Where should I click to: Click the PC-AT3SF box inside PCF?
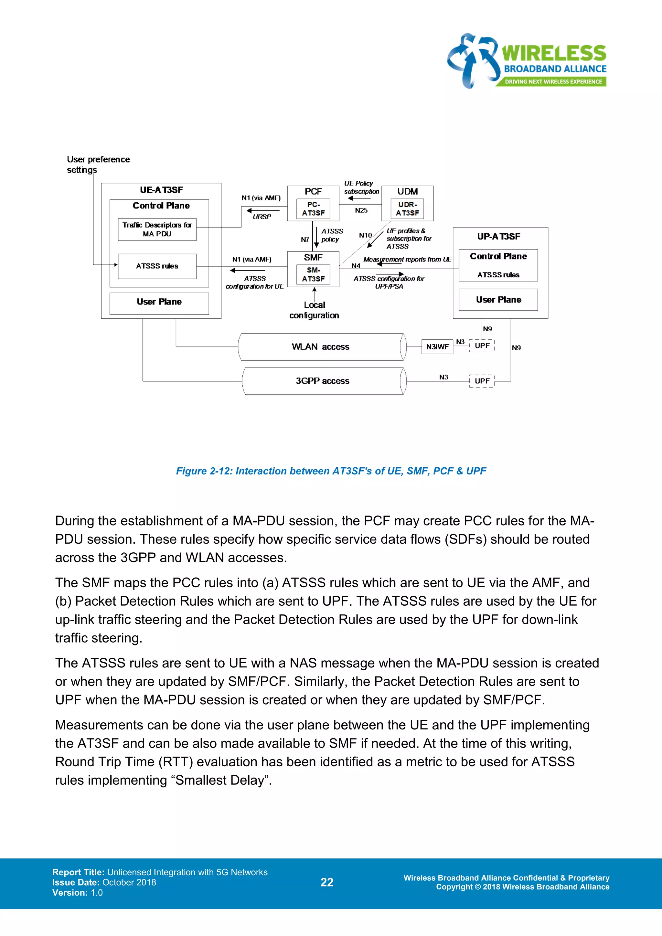313,209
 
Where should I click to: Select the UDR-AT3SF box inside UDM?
407,209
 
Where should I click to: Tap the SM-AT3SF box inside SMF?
313,275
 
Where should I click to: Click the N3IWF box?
437,347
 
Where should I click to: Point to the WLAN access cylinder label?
320,347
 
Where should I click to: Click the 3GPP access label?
323,381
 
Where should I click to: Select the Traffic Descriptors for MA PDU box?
157,229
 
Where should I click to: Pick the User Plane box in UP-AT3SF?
498,300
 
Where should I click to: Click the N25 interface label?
361,211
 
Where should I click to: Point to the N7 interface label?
305,240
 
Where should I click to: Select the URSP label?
262,217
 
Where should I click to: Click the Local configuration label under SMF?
314,310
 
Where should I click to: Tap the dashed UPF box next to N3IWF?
482,346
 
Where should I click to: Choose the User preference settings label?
98,164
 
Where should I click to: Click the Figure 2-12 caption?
331,471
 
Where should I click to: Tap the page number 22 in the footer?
327,882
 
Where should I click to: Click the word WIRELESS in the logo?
554,54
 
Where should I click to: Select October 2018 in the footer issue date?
129,882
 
